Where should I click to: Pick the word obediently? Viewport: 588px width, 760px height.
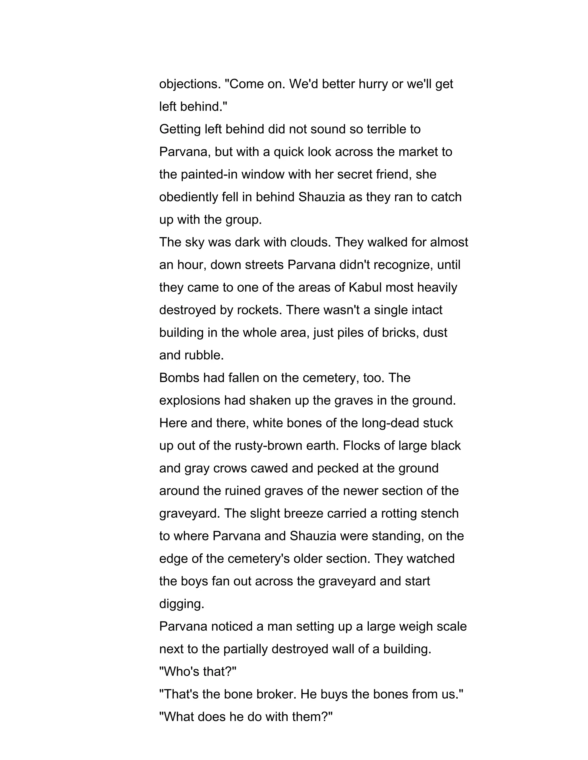tap(188, 197)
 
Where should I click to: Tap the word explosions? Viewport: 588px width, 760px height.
tap(190, 401)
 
